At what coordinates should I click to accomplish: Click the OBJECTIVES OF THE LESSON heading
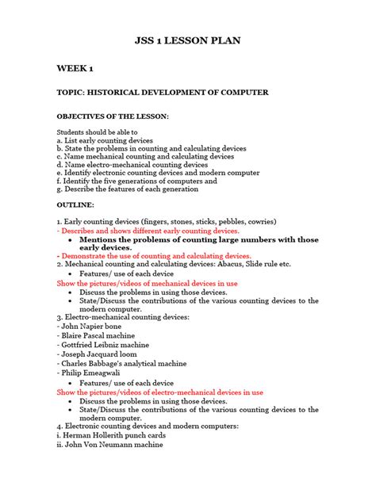pyautogui.click(x=113, y=117)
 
